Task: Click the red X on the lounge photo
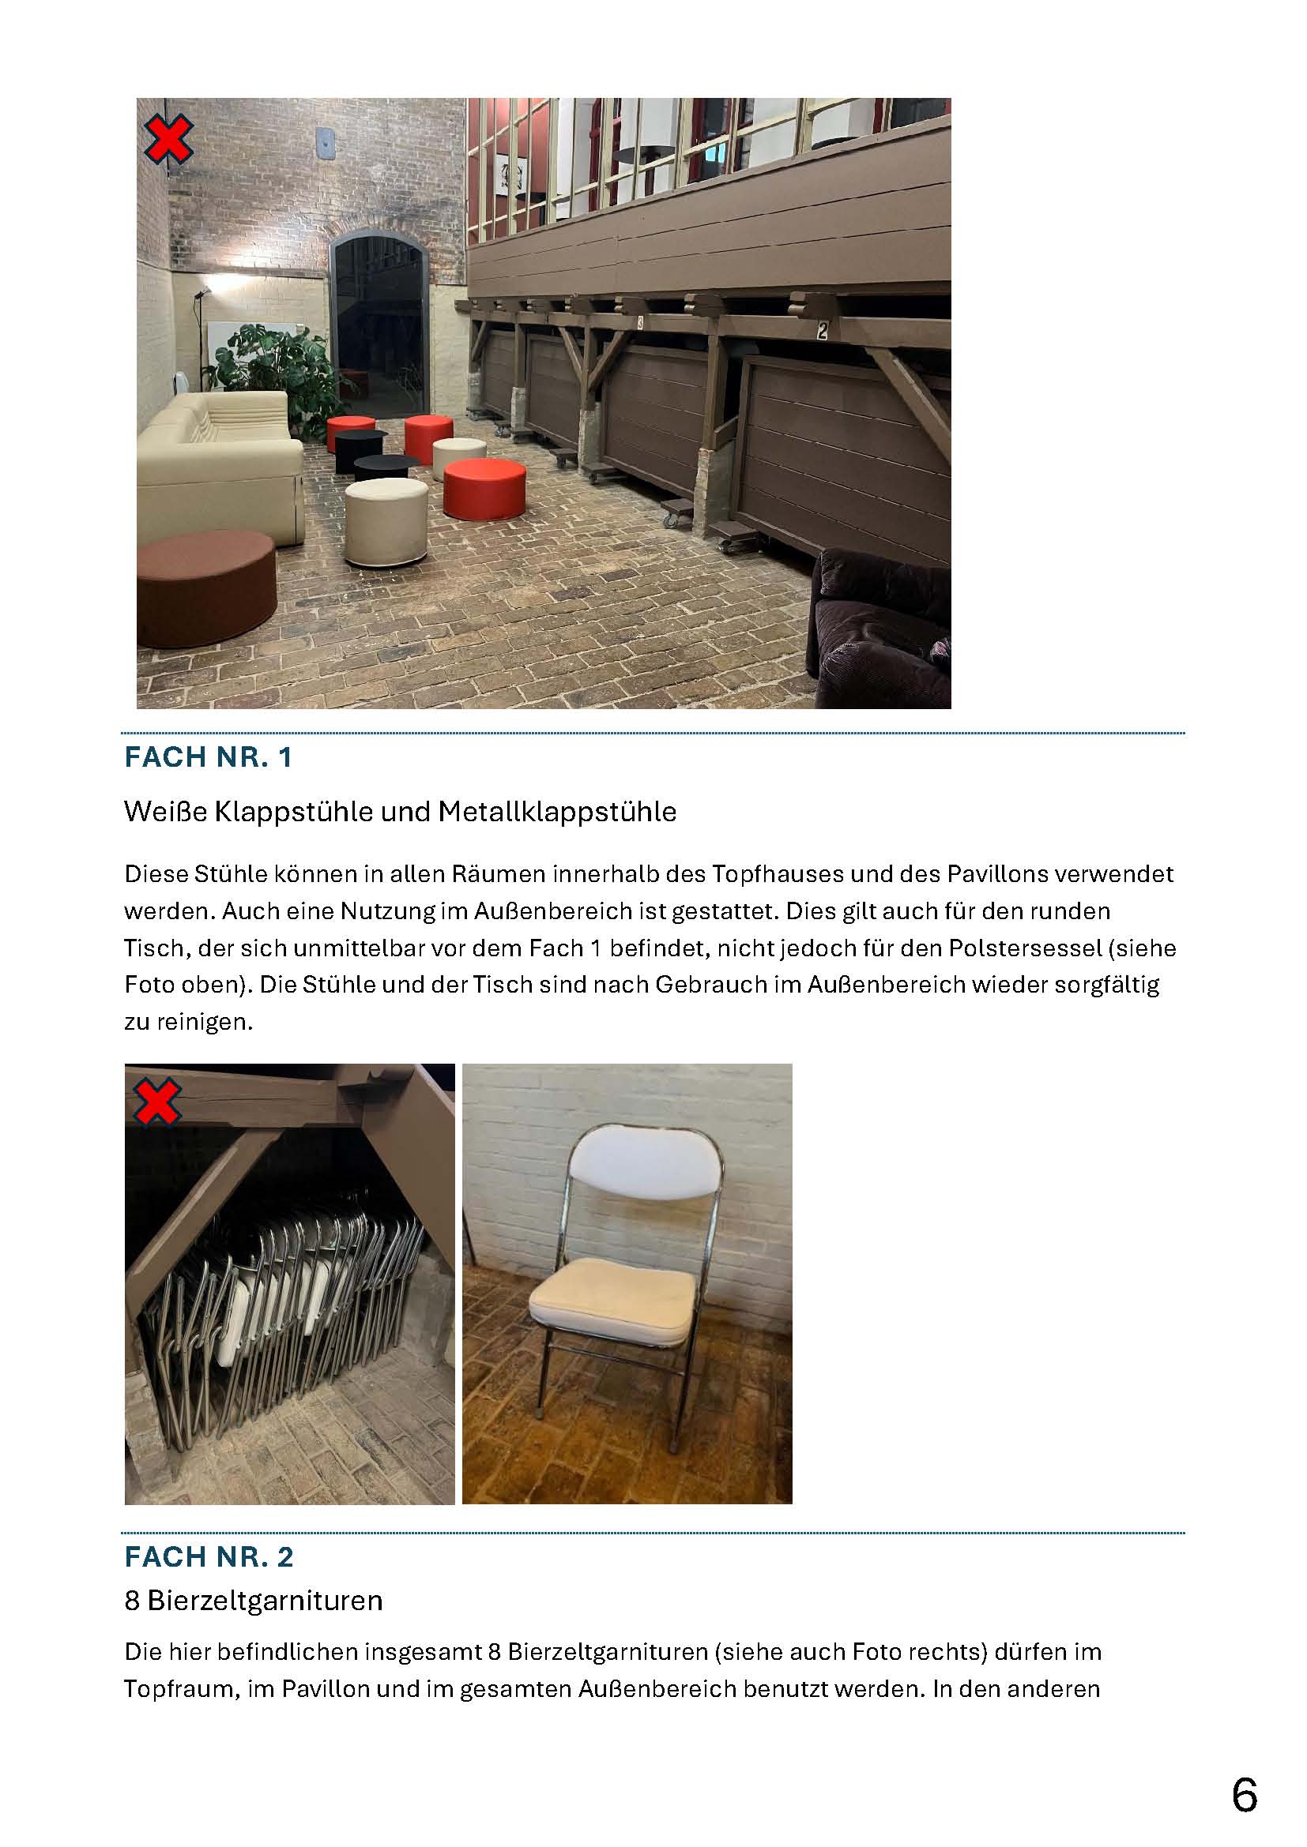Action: tap(168, 138)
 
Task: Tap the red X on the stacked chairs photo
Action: tap(158, 1102)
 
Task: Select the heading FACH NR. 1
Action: tap(208, 757)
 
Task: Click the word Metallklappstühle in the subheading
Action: tap(557, 812)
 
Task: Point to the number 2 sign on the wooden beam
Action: tap(822, 330)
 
